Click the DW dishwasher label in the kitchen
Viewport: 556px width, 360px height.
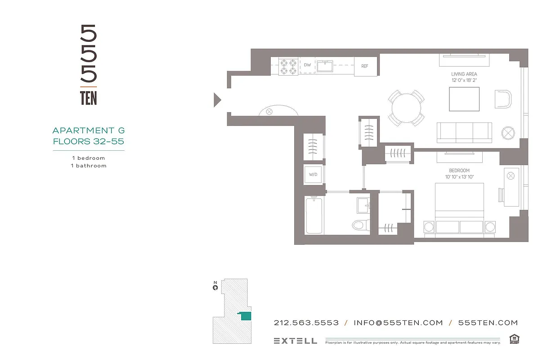coord(307,65)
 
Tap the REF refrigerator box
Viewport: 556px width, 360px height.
coord(365,66)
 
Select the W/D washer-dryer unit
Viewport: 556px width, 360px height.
coord(313,174)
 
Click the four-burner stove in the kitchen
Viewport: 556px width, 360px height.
coord(288,67)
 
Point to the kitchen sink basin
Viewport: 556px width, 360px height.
coord(324,67)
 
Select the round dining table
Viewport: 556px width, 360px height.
coord(406,108)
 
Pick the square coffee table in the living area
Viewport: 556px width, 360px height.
coord(464,99)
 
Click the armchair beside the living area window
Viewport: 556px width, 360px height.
coord(503,99)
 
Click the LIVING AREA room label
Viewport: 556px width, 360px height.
coord(464,74)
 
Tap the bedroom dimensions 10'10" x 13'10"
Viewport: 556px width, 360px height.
coord(459,177)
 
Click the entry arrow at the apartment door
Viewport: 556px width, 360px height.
coord(217,99)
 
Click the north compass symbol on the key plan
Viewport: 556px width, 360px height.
coord(215,287)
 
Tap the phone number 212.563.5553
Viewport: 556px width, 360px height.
coord(306,323)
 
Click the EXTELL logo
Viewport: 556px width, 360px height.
coord(295,341)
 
